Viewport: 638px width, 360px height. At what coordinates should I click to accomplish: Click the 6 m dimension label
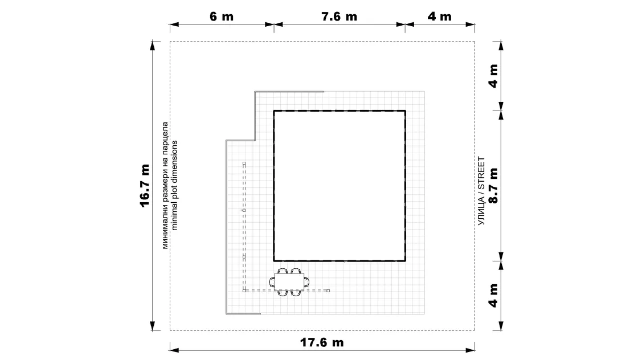pyautogui.click(x=222, y=17)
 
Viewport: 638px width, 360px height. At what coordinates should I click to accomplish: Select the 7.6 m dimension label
pyautogui.click(x=339, y=17)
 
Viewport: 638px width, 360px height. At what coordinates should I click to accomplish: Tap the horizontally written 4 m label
pyautogui.click(x=439, y=17)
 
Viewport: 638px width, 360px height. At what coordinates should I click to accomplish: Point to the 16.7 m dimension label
pyautogui.click(x=145, y=186)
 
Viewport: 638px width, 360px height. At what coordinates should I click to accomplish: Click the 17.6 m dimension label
pyautogui.click(x=322, y=342)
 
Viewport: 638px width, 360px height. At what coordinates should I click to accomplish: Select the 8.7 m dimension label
pyautogui.click(x=493, y=186)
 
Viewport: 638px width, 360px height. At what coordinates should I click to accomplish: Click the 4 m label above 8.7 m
pyautogui.click(x=493, y=76)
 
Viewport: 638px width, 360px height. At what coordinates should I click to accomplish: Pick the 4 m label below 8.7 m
pyautogui.click(x=493, y=296)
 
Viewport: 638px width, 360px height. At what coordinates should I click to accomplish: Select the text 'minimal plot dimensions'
pyautogui.click(x=174, y=186)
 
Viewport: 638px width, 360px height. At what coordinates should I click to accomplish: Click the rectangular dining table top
pyautogui.click(x=289, y=281)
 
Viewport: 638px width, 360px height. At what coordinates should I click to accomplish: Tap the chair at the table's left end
pyautogui.click(x=272, y=281)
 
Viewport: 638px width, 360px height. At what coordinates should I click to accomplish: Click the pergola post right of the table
pyautogui.click(x=328, y=291)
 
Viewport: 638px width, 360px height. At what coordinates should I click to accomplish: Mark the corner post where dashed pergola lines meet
pyautogui.click(x=244, y=291)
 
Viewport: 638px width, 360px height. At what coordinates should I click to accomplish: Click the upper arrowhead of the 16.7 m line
pyautogui.click(x=153, y=46)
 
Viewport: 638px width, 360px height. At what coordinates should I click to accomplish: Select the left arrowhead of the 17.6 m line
pyautogui.click(x=174, y=350)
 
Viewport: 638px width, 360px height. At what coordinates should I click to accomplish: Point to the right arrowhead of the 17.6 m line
pyautogui.click(x=470, y=350)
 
